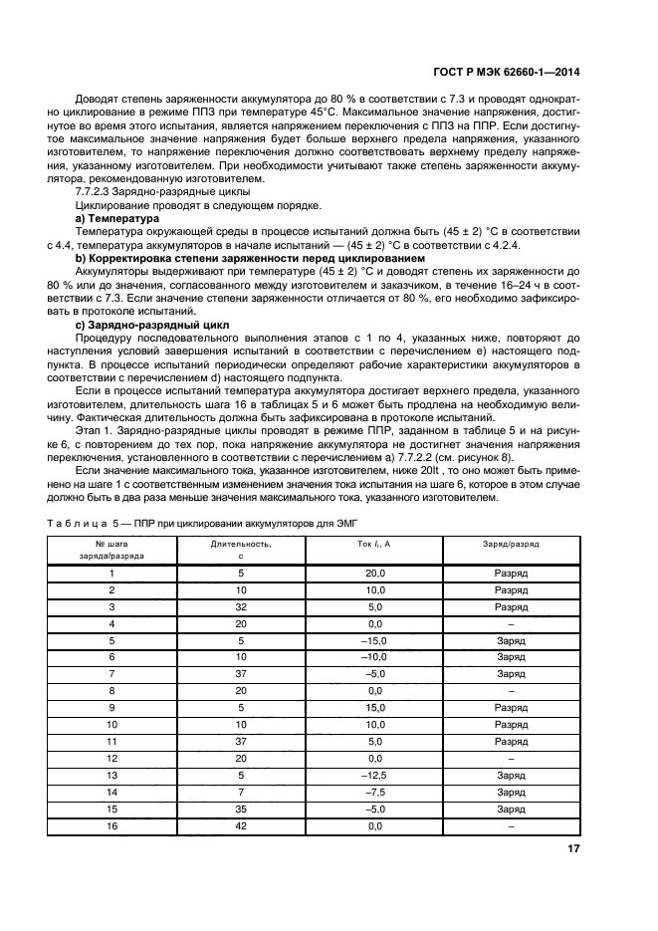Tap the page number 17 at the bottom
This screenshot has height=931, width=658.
(573, 848)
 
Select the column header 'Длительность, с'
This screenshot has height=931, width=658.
(241, 550)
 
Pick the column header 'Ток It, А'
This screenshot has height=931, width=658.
(374, 544)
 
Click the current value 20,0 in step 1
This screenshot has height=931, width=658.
(374, 575)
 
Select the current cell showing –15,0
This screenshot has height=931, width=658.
(374, 640)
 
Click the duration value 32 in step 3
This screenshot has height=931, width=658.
(241, 607)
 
